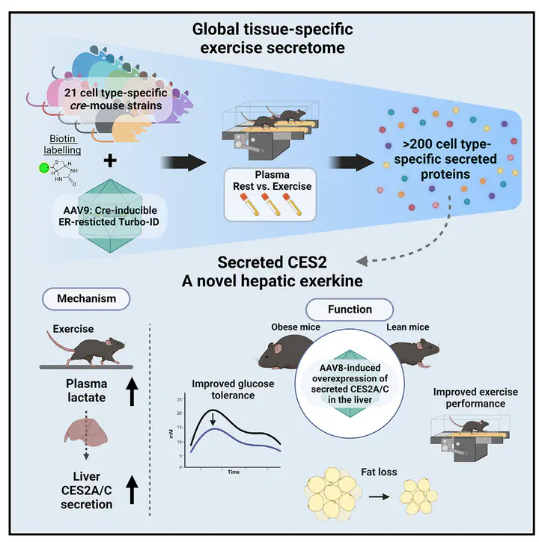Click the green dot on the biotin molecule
click(44, 168)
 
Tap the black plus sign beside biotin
click(110, 161)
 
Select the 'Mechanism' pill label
click(86, 298)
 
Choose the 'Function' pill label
click(350, 310)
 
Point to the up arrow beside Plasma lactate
click(132, 391)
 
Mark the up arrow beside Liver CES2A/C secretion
click(132, 489)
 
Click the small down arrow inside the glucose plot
click(213, 419)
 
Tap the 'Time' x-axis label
click(234, 472)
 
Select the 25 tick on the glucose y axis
click(180, 400)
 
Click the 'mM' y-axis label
click(171, 434)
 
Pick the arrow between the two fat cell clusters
click(379, 497)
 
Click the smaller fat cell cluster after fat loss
click(418, 496)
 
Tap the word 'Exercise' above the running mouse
click(73, 329)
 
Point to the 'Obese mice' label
click(296, 327)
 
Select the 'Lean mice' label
click(408, 327)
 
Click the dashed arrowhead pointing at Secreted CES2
click(362, 262)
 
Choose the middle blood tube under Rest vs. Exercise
click(271, 204)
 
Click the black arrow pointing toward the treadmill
click(184, 162)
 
